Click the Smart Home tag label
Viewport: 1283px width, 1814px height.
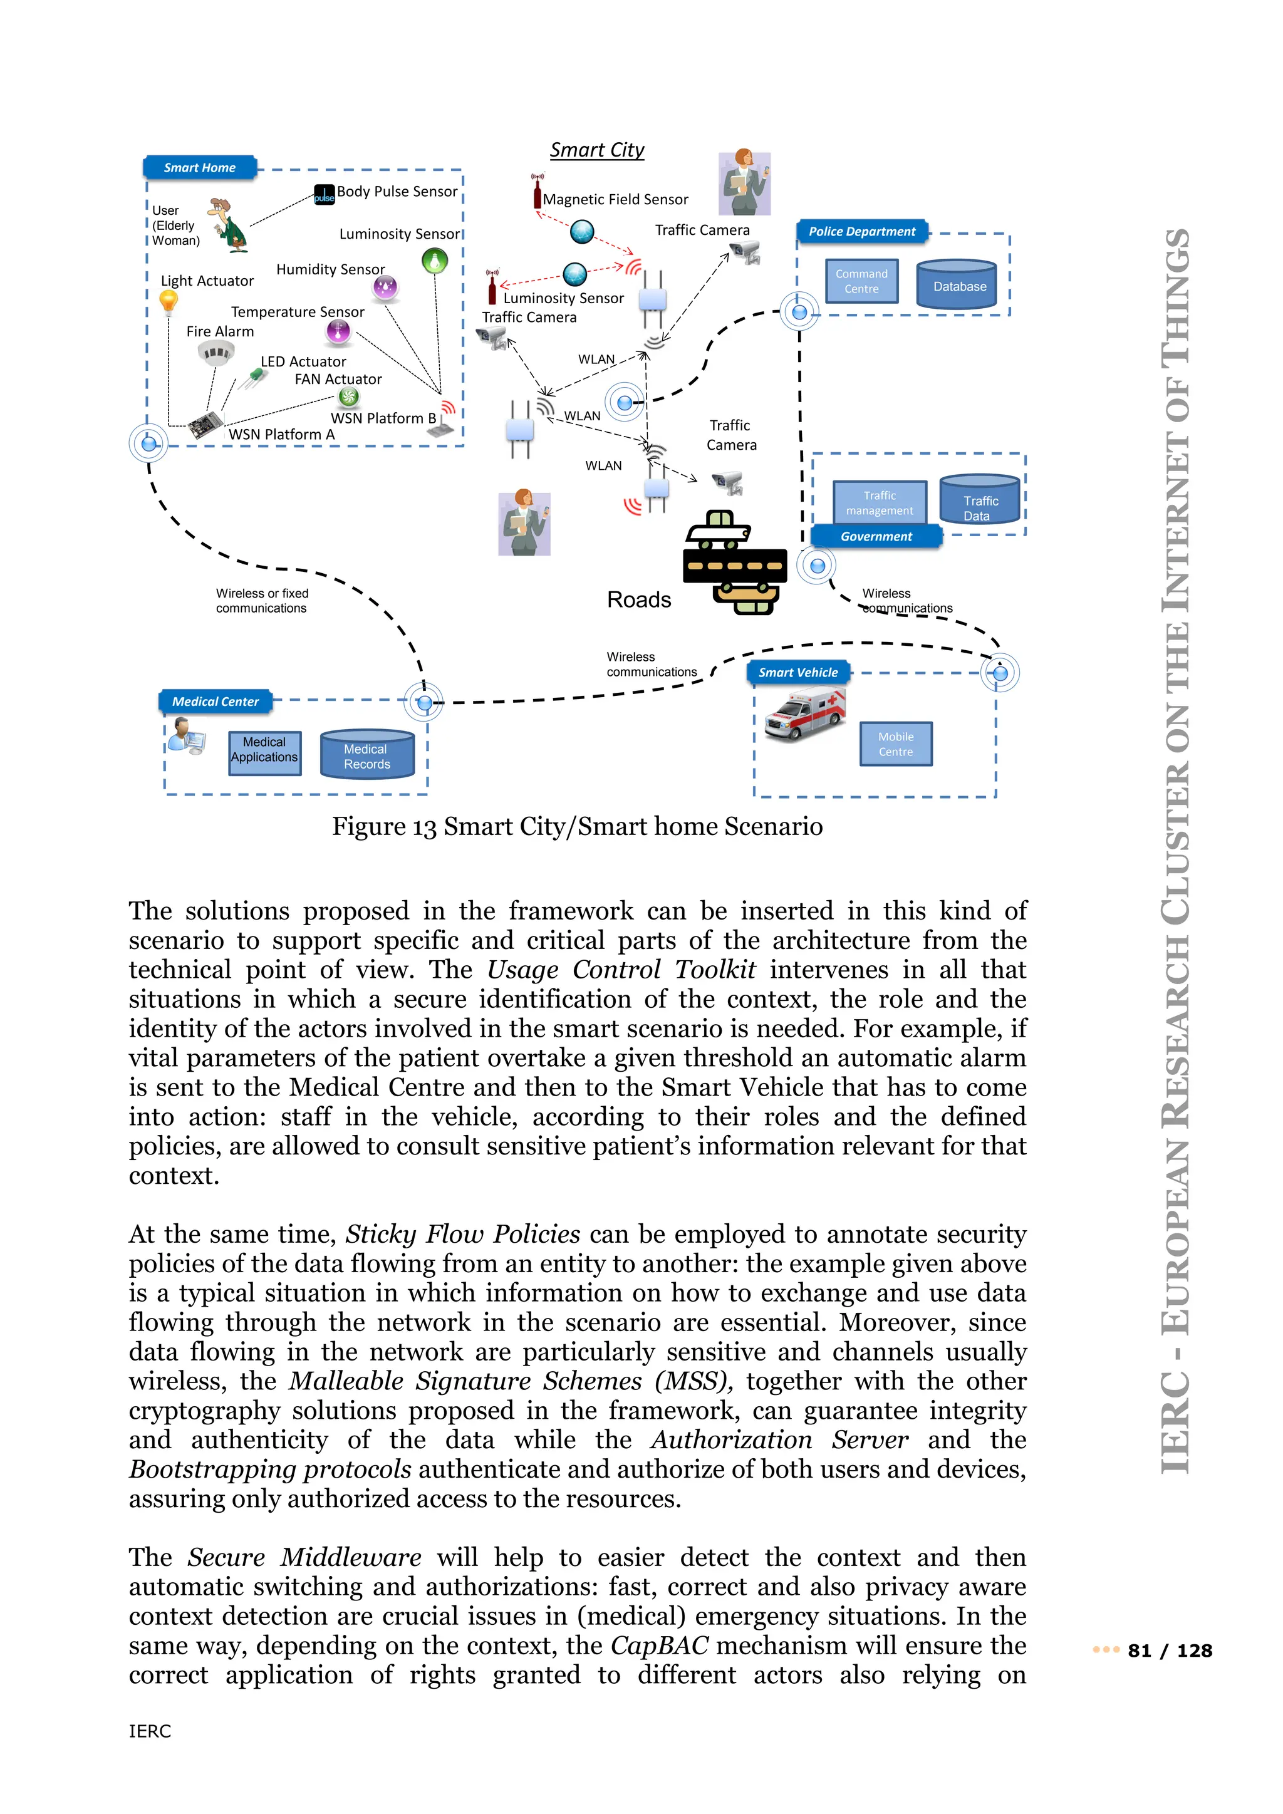tap(200, 167)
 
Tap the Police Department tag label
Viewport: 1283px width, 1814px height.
tap(861, 232)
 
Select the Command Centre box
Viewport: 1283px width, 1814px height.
tap(861, 281)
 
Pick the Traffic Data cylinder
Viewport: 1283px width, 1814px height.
tap(980, 501)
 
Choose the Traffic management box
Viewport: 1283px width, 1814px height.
tap(880, 503)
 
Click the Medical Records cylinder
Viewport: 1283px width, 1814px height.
tap(366, 755)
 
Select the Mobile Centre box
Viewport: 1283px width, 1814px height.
tap(895, 744)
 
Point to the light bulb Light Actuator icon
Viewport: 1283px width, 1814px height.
tap(169, 303)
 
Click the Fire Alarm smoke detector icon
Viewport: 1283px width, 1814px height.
tap(215, 353)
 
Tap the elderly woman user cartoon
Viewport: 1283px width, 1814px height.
tap(227, 225)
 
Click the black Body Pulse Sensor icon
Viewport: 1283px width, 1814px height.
tap(324, 194)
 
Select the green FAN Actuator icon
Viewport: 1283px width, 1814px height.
tap(348, 397)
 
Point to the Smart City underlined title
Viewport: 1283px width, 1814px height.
tap(597, 150)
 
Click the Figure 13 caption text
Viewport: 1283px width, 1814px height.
tap(577, 826)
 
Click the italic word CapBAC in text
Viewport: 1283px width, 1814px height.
tap(659, 1646)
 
